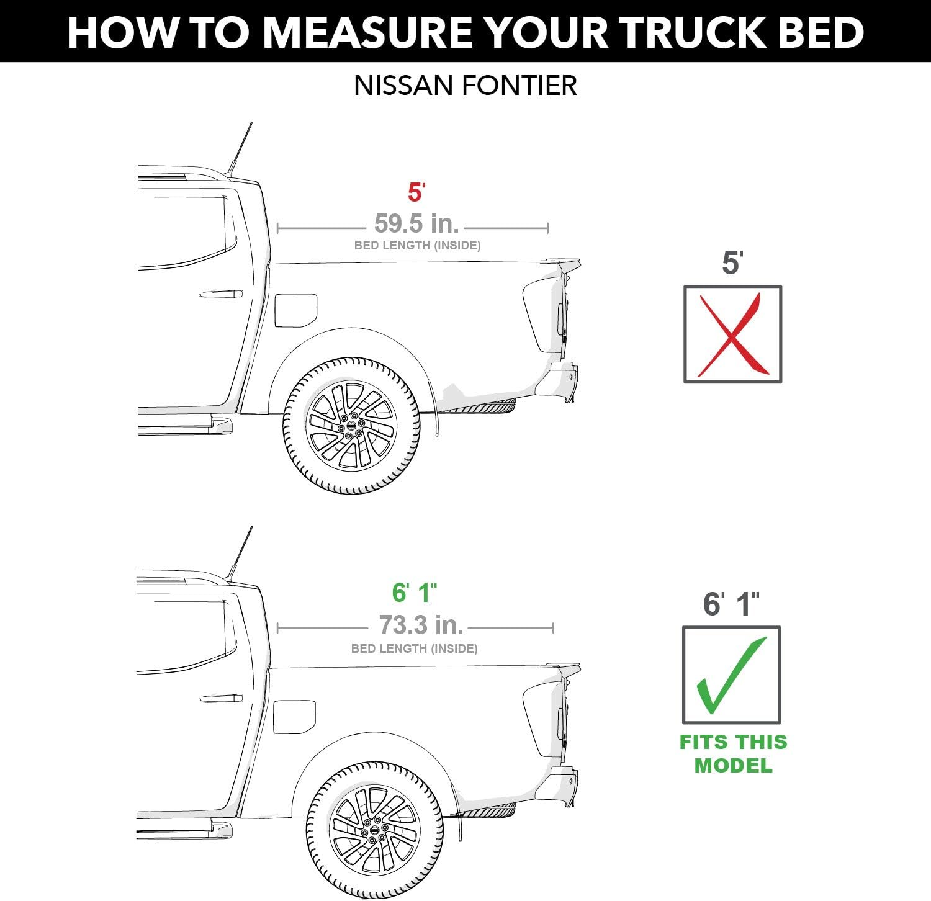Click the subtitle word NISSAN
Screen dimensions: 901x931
[x=401, y=86]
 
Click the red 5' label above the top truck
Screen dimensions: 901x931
[x=416, y=193]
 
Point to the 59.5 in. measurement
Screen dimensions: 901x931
[x=416, y=223]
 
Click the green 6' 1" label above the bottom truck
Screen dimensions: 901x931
[x=415, y=593]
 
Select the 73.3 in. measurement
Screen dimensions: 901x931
[x=421, y=625]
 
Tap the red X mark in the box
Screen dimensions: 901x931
[x=732, y=335]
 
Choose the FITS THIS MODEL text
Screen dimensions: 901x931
[x=733, y=753]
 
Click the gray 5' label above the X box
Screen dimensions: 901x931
[x=732, y=263]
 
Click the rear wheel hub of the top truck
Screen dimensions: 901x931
[x=351, y=426]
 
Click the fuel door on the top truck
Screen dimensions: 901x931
[x=295, y=310]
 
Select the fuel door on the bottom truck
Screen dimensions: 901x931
[x=294, y=717]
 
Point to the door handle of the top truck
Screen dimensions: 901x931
[x=221, y=294]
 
